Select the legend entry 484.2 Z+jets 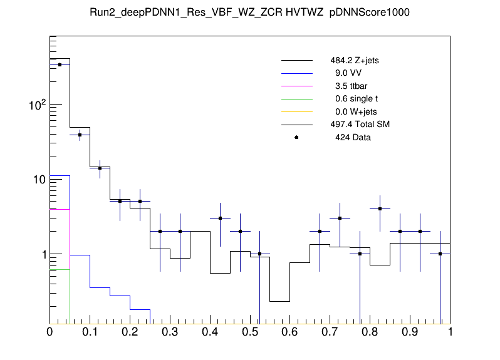pos(354,61)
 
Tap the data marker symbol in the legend pos(296,137)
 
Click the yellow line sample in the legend pos(296,111)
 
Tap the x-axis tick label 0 pos(49,332)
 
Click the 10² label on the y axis pos(38,105)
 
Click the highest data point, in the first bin pos(60,64)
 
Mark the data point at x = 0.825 pos(380,209)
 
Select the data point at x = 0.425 pos(220,218)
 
